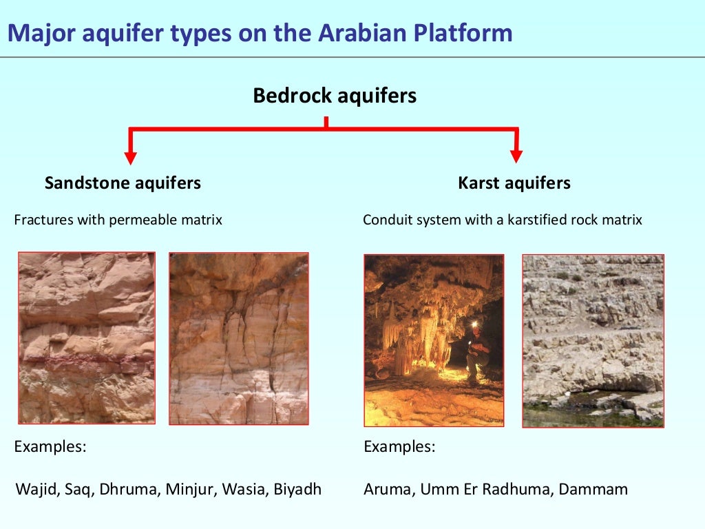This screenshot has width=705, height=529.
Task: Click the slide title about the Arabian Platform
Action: (260, 32)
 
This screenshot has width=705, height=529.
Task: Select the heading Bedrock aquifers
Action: (335, 95)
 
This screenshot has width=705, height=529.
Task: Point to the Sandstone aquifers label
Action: (123, 183)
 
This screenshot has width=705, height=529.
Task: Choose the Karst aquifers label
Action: (514, 183)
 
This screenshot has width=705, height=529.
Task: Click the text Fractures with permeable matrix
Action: (118, 220)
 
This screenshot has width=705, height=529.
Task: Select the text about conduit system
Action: (502, 220)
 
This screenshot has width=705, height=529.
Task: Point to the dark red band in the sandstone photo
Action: (86, 359)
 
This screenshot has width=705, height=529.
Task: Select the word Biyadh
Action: (297, 490)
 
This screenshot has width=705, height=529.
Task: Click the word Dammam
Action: (593, 490)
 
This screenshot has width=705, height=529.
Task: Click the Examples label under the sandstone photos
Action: (50, 446)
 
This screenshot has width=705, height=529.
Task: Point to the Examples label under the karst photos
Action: (399, 446)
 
